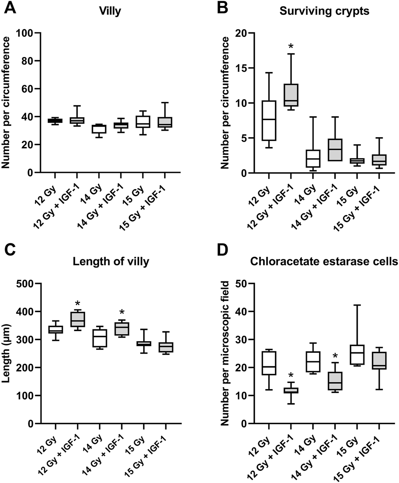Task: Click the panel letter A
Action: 9,8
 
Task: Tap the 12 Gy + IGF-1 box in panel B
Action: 291,95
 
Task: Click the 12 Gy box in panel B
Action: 268,121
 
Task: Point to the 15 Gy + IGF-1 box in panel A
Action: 164,122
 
